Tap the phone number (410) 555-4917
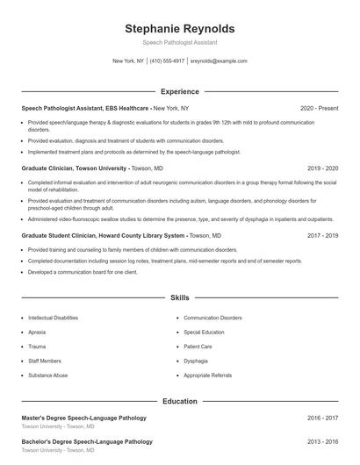tap(167, 61)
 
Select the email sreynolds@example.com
tap(219, 61)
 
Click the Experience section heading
tap(179, 91)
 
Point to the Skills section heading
tap(179, 298)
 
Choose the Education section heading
tap(179, 401)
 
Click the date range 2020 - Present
tap(319, 108)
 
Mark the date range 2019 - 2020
tap(322, 168)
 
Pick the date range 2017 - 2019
tap(322, 236)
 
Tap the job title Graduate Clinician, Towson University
tap(75, 168)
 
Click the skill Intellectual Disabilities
tap(53, 318)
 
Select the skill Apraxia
tap(37, 333)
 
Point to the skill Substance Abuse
tap(47, 375)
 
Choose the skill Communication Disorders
tap(212, 318)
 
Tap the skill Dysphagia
tap(196, 361)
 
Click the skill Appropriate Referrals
tap(208, 375)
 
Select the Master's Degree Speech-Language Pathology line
tap(83, 418)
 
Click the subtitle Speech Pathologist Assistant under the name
tap(179, 42)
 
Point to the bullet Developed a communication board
tap(83, 272)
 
